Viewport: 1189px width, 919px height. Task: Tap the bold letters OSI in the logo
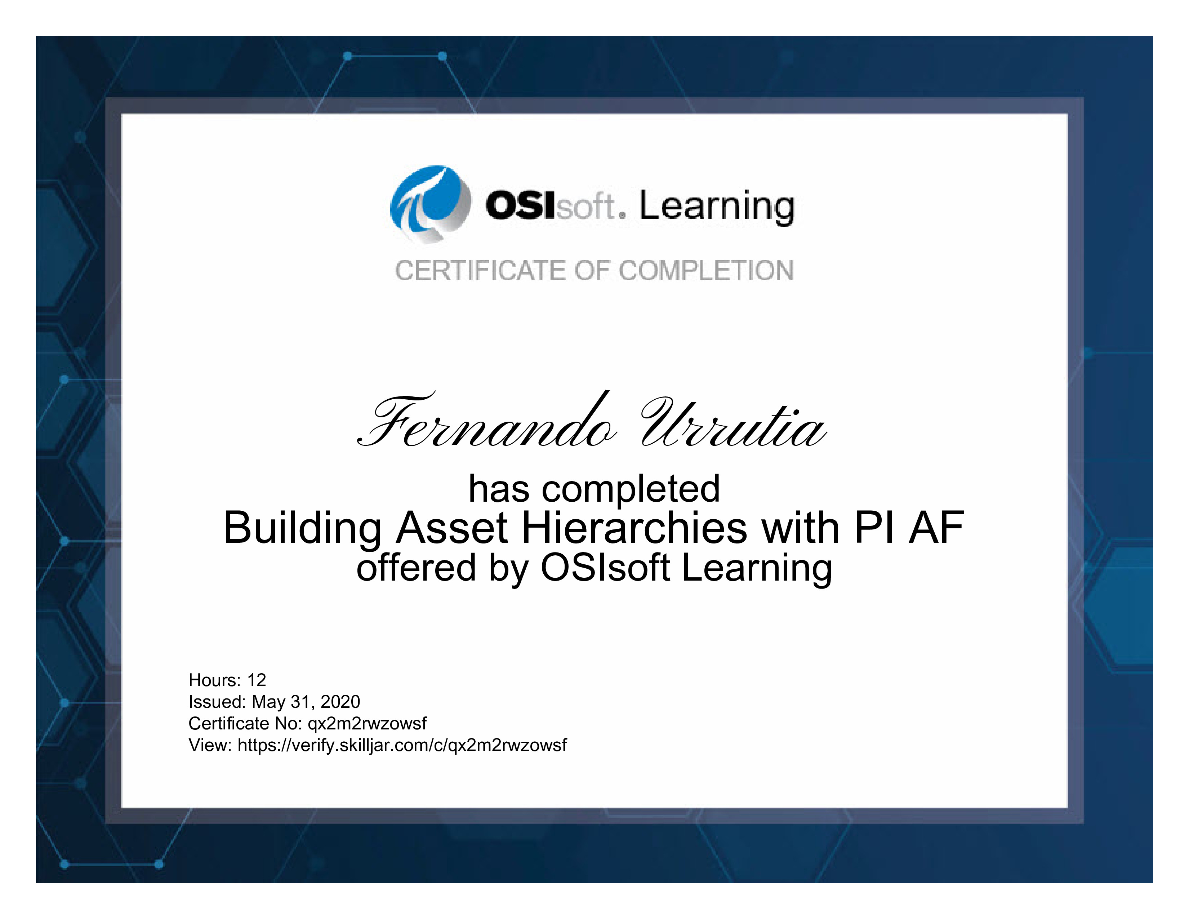pyautogui.click(x=521, y=205)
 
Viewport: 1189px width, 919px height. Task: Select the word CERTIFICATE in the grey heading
pyautogui.click(x=481, y=271)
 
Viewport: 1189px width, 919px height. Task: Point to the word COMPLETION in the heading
pyautogui.click(x=707, y=271)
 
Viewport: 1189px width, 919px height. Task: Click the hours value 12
pyautogui.click(x=257, y=680)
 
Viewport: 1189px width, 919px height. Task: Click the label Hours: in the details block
pyautogui.click(x=214, y=680)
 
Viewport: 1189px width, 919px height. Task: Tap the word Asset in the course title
pyautogui.click(x=452, y=528)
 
